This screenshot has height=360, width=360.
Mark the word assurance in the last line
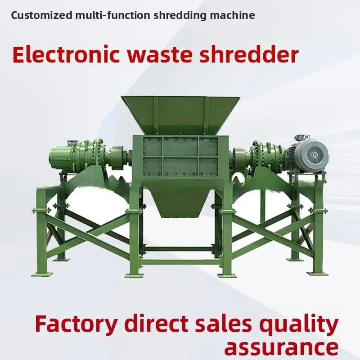pyautogui.click(x=281, y=347)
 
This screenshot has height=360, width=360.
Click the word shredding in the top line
pyautogui.click(x=179, y=15)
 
